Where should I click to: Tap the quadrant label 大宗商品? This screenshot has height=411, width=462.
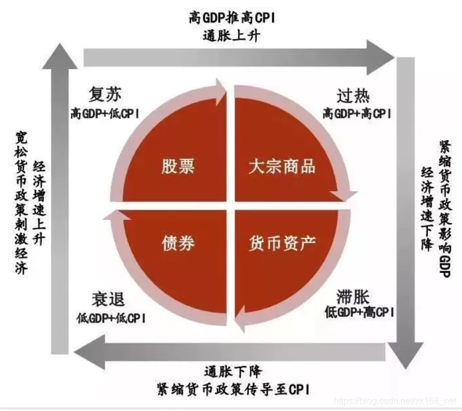click(x=282, y=167)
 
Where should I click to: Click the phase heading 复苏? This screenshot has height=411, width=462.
click(x=105, y=93)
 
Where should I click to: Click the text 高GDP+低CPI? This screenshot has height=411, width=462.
click(x=105, y=113)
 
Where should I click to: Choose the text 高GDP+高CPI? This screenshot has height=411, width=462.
click(x=357, y=113)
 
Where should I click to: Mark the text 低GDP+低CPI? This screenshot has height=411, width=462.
click(x=110, y=318)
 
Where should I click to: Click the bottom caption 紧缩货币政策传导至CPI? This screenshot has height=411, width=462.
click(x=234, y=389)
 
